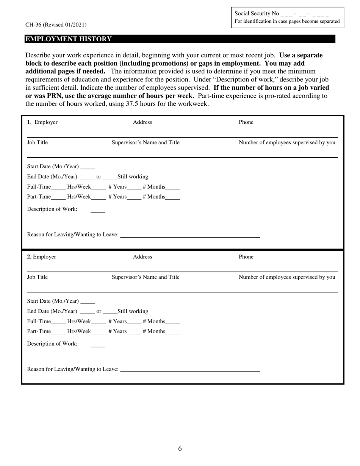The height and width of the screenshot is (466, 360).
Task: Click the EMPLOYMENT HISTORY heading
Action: click(69, 39)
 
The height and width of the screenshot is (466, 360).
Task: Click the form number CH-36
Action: click(34, 25)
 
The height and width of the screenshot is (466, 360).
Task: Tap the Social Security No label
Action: click(257, 14)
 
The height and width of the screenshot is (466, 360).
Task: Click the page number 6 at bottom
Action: click(180, 449)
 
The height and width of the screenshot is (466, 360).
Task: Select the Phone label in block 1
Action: click(246, 122)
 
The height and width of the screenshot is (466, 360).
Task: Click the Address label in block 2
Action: click(142, 257)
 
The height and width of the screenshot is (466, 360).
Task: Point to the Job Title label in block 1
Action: click(38, 142)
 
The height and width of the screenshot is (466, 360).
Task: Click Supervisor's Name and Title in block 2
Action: click(146, 277)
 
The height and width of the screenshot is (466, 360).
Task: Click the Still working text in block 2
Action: click(133, 311)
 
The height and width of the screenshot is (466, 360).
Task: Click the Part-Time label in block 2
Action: click(39, 331)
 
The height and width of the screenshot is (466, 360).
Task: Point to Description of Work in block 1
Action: click(52, 209)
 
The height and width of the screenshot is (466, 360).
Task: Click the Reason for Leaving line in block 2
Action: click(189, 371)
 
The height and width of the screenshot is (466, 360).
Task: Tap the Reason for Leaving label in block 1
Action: click(73, 235)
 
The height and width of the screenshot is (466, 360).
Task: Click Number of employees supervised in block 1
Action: click(287, 142)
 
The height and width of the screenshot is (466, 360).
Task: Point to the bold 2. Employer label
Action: click(42, 257)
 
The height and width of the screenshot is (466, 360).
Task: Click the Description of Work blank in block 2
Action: click(98, 346)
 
